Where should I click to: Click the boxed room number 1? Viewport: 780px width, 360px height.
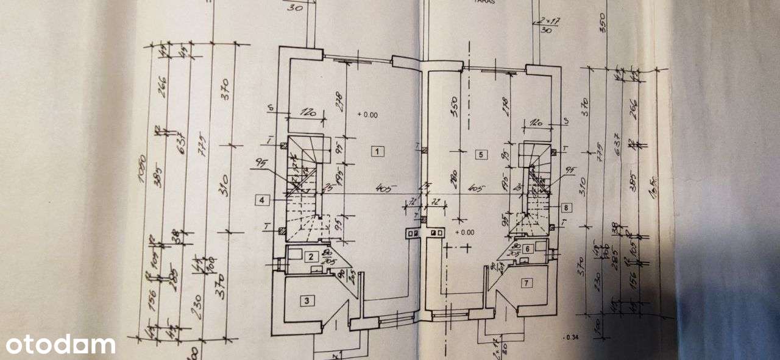tap(378, 152)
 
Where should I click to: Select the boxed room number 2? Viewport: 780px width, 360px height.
tap(311, 256)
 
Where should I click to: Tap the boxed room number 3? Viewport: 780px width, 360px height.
tap(308, 300)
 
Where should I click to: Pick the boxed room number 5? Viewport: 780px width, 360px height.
tap(481, 154)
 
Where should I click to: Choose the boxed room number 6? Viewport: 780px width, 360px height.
tap(527, 248)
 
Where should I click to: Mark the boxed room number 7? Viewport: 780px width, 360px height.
tap(527, 282)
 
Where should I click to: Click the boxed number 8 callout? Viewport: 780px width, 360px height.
tap(566, 207)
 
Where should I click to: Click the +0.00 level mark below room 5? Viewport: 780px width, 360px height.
tap(464, 231)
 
